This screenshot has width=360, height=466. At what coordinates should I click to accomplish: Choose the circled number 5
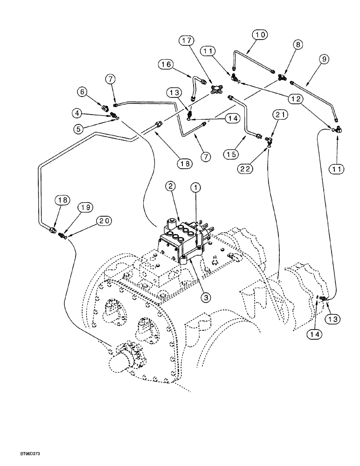point(77,125)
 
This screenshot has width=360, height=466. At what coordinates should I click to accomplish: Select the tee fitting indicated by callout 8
point(282,78)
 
